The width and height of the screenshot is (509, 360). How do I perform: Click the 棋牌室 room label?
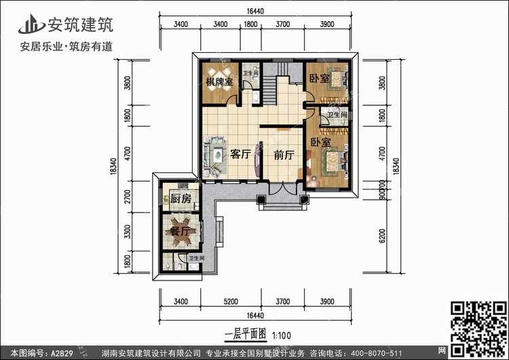219,82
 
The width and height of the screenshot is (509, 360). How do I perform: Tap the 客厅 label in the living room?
241,154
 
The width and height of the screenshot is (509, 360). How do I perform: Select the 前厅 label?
284,155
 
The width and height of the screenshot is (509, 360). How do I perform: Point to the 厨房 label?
181,198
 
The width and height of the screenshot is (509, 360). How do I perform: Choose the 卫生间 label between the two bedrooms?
337,115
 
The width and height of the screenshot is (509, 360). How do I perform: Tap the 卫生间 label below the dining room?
197,259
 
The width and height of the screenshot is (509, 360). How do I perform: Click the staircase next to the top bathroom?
269,90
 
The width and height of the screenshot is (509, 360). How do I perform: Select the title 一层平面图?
245,335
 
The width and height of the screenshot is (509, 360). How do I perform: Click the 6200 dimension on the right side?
383,236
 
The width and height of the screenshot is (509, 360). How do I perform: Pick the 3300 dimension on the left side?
127,232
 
